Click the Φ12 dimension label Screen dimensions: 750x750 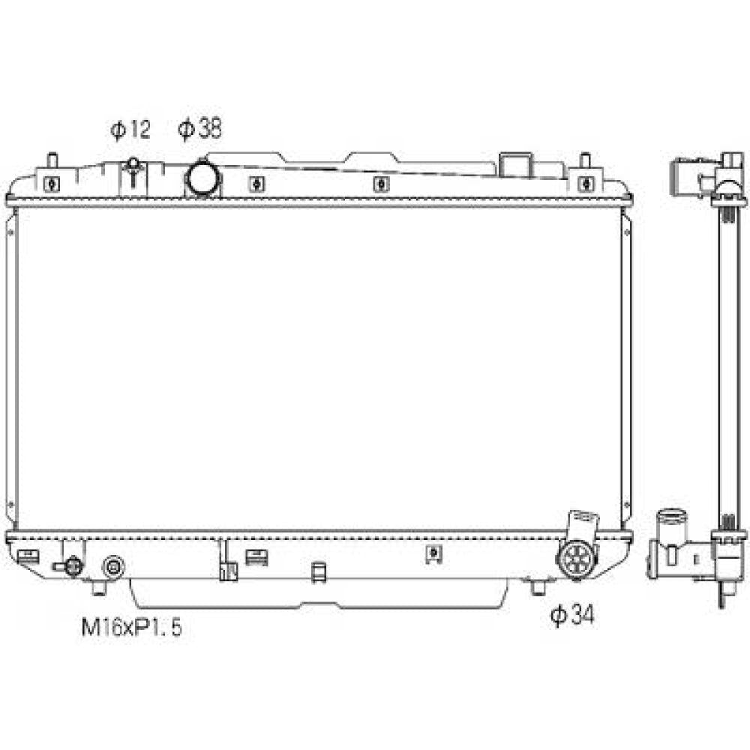click(x=130, y=129)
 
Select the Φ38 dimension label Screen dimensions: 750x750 click(x=200, y=129)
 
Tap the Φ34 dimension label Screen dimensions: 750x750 click(x=572, y=615)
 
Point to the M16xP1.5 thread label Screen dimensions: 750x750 click(x=131, y=627)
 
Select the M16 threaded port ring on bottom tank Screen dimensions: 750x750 click(x=113, y=567)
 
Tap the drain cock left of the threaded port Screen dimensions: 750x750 click(x=70, y=567)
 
